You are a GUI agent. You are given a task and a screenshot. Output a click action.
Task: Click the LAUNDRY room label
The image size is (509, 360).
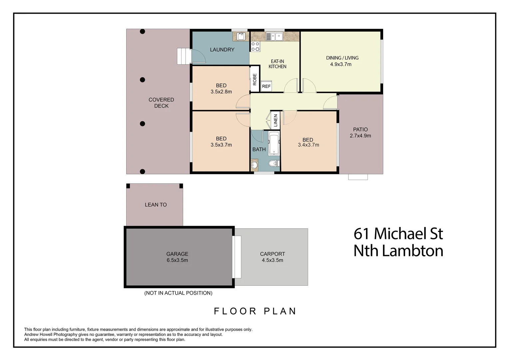coord(222,50)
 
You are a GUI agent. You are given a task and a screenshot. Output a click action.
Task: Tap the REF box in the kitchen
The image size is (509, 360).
coord(266,86)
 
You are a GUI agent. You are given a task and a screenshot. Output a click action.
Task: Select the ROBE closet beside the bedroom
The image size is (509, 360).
coord(254,79)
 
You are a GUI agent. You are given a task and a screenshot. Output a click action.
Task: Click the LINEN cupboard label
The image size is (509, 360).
coord(275,121)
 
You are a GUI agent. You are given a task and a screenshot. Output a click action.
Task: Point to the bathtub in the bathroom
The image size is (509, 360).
coord(274,144)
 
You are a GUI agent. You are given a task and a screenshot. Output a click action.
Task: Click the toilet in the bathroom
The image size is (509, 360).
coord(273,164)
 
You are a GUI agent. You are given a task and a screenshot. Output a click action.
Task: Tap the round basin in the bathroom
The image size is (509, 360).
coord(254,165)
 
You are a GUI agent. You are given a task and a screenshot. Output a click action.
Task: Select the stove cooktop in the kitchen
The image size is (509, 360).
coord(255,47)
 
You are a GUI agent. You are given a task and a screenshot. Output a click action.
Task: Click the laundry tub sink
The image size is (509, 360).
coord(241,36)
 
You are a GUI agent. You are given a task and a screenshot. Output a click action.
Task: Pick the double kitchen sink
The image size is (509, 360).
coord(274,36)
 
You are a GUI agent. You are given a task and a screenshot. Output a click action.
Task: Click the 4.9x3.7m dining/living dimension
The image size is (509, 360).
coord(340,64)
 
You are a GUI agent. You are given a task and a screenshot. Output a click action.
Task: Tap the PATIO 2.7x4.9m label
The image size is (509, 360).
coord(360,133)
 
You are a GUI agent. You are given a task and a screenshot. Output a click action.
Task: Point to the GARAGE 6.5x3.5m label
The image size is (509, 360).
coord(177,257)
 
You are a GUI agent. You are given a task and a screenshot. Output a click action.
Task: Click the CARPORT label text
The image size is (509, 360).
coord(272,254)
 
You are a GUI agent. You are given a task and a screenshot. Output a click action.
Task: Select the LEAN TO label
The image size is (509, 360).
coord(156,205)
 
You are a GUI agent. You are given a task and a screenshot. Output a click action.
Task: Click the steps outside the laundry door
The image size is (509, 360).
coord(183,56)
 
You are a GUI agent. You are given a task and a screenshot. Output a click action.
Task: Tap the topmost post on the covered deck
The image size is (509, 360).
coord(142,32)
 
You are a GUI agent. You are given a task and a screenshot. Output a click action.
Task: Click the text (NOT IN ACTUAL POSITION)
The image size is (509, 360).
coord(178,293)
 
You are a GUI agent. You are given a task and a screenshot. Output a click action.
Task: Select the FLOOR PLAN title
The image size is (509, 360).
coord(255,311)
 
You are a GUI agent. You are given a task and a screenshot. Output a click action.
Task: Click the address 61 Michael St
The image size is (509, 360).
coord(398,234)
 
